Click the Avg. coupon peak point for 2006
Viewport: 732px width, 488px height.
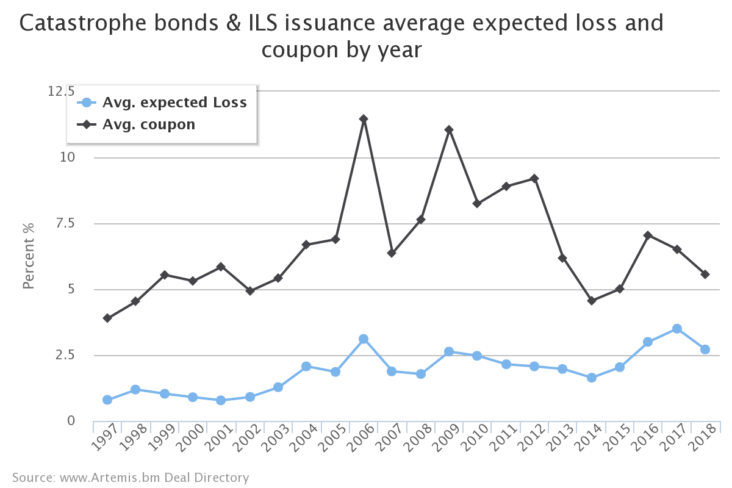point(364,119)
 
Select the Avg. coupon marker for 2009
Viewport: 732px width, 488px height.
point(449,130)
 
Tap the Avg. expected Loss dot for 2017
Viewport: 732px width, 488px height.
point(676,329)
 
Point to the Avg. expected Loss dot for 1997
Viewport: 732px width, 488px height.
point(107,400)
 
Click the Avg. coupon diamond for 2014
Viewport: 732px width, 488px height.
point(591,301)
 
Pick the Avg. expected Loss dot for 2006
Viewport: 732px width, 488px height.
point(364,339)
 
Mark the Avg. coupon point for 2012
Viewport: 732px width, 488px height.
point(534,178)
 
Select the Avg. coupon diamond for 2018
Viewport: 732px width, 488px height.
point(705,274)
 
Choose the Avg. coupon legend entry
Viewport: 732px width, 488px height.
point(149,124)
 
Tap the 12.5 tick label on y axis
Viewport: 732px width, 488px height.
point(61,91)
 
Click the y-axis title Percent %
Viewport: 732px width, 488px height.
point(29,256)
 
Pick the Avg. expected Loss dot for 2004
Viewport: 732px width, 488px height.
point(306,367)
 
